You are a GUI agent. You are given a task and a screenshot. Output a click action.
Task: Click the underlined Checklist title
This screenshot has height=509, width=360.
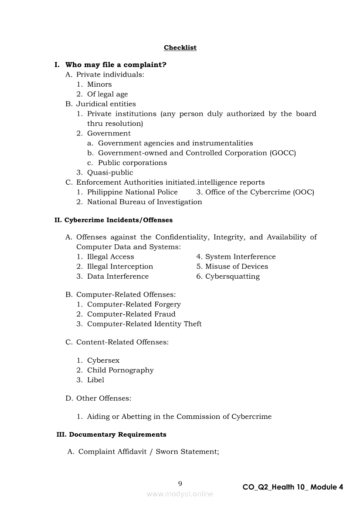tap(180, 47)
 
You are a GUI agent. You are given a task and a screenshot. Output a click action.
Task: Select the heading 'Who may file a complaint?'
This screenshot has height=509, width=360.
tap(115, 65)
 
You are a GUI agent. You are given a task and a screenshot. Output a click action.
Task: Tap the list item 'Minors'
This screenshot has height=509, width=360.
tap(99, 84)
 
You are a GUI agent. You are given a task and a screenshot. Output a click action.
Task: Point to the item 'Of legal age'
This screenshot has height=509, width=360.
tap(107, 94)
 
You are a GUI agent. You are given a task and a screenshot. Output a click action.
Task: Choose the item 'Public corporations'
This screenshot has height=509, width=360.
tap(132, 163)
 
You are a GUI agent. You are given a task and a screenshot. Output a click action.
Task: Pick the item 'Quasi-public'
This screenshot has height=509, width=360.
tap(110, 172)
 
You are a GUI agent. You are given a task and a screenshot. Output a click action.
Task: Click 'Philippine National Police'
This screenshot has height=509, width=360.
tap(132, 192)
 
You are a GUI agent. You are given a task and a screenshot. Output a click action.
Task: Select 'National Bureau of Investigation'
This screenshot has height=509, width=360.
tap(144, 202)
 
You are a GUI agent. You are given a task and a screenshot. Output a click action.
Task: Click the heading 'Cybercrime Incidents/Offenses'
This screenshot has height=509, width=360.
tap(118, 220)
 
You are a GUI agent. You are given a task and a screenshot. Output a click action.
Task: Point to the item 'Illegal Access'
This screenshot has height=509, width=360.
tap(111, 257)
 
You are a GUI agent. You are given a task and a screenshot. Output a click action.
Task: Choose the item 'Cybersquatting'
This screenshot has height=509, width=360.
tap(232, 276)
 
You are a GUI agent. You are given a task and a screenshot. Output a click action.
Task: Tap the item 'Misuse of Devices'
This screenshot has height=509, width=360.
tap(237, 266)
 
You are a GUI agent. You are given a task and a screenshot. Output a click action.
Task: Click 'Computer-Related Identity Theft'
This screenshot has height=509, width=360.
tap(144, 324)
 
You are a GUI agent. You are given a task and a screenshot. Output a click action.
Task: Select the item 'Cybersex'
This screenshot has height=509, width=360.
tap(103, 361)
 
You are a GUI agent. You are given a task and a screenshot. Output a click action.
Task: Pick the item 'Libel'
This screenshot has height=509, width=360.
tap(95, 380)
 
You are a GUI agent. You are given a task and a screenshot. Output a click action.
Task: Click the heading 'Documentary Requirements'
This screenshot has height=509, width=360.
tap(117, 435)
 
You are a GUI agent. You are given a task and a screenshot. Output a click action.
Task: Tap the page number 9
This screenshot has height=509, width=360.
tap(180, 483)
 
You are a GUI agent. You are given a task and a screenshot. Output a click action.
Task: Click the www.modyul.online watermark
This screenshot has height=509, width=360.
tap(180, 494)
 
